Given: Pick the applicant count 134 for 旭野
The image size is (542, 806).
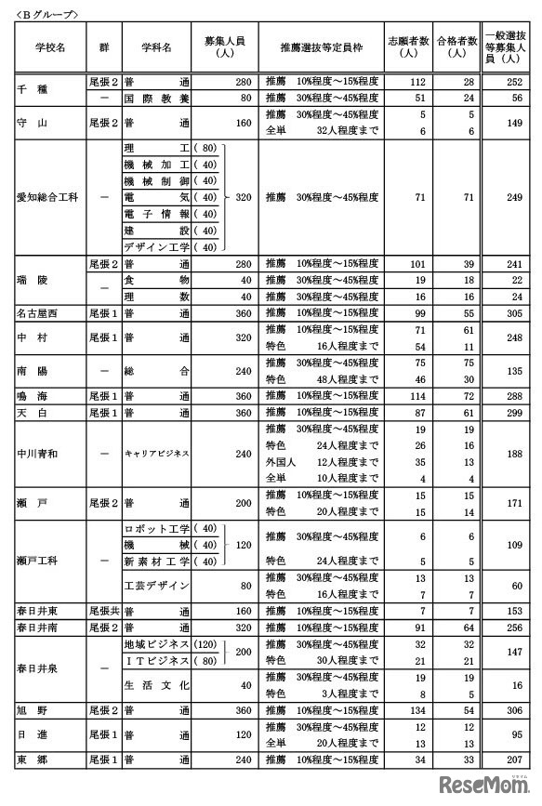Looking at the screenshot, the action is (x=420, y=709).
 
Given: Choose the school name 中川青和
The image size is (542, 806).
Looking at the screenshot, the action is (x=39, y=454).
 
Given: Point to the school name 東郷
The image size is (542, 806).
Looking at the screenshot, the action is (x=30, y=760).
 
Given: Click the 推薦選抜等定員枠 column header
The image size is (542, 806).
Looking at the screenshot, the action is (x=322, y=46).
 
